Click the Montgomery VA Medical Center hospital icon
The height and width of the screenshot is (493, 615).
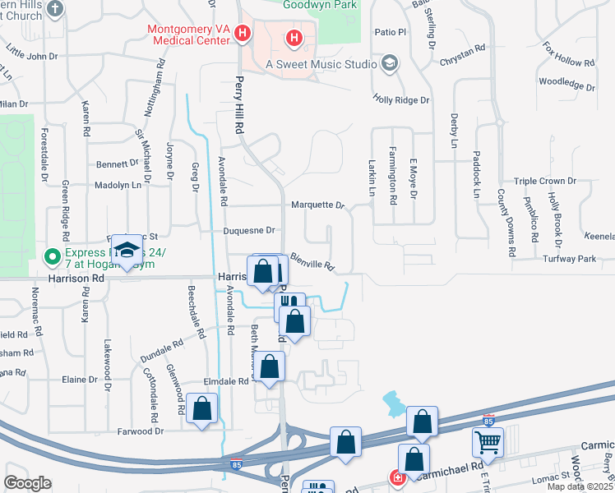243,34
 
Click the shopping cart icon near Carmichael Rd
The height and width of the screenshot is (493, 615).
488,443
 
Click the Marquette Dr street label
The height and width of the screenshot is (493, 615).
317,205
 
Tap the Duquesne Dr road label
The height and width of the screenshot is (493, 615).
248,231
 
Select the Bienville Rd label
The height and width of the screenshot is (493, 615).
312,263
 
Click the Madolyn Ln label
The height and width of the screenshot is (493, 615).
118,186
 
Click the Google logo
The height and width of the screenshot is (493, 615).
27,482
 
